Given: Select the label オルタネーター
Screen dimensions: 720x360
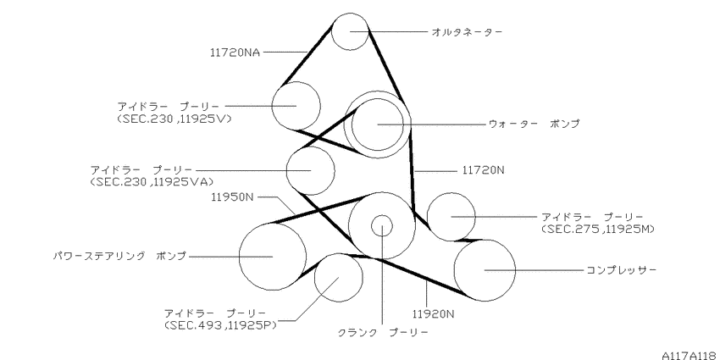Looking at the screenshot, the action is point(467,31).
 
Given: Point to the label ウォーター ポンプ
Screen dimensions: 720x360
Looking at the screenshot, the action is point(534,124).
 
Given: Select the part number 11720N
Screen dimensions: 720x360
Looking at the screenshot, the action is point(483,170).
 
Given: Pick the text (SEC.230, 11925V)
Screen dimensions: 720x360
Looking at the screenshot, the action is point(174,119).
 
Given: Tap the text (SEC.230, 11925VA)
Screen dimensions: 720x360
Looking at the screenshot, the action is point(152,182).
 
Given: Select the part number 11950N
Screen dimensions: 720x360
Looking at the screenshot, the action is point(232,197).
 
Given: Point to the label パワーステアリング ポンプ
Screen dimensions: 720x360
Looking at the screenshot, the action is point(119,256).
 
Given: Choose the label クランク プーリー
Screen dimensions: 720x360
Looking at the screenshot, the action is point(383,332).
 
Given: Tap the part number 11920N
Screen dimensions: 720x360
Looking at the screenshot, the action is point(433,314).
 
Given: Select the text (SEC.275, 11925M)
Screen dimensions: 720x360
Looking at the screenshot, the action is point(598,229).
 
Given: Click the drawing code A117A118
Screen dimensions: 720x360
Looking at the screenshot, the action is point(690,355).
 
